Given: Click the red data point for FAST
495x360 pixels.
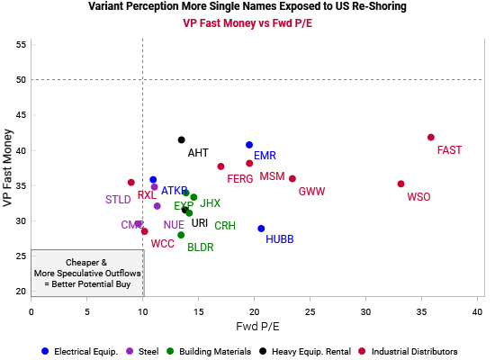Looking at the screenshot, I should click(x=431, y=138).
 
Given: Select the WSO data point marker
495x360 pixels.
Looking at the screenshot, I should click(x=400, y=184).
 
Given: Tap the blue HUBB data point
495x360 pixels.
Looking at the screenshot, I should click(x=261, y=229).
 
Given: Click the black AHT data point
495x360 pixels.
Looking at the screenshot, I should click(x=181, y=139).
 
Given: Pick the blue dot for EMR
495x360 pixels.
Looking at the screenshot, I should click(x=249, y=145).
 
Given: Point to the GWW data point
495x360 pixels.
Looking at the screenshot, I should click(x=292, y=179).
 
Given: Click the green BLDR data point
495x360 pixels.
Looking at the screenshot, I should click(x=181, y=235).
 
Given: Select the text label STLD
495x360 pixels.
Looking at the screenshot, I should click(x=118, y=200).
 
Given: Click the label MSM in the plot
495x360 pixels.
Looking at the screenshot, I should click(x=272, y=176).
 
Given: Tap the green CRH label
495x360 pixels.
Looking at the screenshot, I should click(x=225, y=226).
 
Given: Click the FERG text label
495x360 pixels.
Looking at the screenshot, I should click(x=239, y=179).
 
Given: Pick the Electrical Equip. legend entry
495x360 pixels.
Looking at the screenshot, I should click(x=80, y=351).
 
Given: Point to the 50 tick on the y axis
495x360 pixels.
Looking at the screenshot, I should click(x=20, y=80).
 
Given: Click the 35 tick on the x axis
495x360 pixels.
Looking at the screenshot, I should click(x=421, y=310).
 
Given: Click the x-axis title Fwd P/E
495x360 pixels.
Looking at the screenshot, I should click(x=256, y=326).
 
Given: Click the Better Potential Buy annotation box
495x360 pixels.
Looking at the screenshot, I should click(x=86, y=273).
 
